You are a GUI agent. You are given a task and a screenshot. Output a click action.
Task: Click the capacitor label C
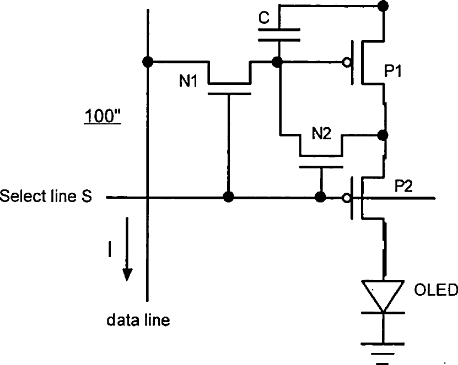pyautogui.click(x=264, y=18)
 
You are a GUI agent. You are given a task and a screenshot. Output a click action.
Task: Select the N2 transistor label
pyautogui.click(x=322, y=133)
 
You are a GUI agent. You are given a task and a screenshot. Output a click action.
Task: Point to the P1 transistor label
pyautogui.click(x=393, y=71)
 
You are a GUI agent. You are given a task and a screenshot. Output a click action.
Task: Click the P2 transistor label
pyautogui.click(x=403, y=186)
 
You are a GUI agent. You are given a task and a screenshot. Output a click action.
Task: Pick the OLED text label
pyautogui.click(x=436, y=290)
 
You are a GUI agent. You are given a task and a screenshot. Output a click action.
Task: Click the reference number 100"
pyautogui.click(x=103, y=116)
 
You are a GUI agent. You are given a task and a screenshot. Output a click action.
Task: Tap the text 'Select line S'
pyautogui.click(x=46, y=196)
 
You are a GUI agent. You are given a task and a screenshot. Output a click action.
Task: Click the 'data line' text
pyautogui.click(x=138, y=320)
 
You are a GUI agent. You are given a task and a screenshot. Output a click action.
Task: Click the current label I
pyautogui.click(x=110, y=250)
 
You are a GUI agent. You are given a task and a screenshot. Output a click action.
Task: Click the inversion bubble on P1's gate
pyautogui.click(x=347, y=62)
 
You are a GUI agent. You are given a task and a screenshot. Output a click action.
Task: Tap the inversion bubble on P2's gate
pyautogui.click(x=347, y=198)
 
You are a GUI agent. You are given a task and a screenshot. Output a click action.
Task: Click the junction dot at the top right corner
pyautogui.click(x=383, y=6)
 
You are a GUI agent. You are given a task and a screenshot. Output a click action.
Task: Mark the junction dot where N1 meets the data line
pyautogui.click(x=148, y=62)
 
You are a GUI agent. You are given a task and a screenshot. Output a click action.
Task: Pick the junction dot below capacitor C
pyautogui.click(x=277, y=62)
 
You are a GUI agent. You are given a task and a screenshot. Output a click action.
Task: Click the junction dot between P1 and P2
pyautogui.click(x=382, y=135)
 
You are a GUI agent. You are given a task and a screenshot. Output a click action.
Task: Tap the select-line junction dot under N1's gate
pyautogui.click(x=228, y=197)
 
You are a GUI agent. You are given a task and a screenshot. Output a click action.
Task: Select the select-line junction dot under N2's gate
pyautogui.click(x=321, y=197)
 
